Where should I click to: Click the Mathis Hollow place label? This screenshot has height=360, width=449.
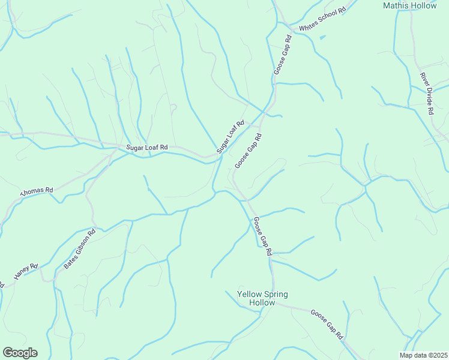[409, 5]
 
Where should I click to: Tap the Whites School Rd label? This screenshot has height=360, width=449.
[323, 19]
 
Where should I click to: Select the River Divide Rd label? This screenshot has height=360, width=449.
[427, 94]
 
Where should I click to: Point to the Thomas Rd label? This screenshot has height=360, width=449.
[37, 193]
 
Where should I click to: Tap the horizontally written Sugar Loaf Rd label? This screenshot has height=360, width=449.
[146, 147]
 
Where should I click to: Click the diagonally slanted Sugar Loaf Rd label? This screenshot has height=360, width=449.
[231, 137]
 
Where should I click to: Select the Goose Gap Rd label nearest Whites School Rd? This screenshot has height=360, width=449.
[283, 55]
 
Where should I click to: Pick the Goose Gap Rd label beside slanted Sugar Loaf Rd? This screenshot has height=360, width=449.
[249, 151]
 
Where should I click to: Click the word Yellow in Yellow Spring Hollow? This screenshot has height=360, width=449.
[250, 294]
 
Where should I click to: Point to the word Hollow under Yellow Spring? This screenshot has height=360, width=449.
[262, 303]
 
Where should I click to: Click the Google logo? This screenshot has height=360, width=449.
[20, 353]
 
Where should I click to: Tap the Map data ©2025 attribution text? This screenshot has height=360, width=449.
[423, 355]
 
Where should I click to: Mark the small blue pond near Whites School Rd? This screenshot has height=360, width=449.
[322, 38]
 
